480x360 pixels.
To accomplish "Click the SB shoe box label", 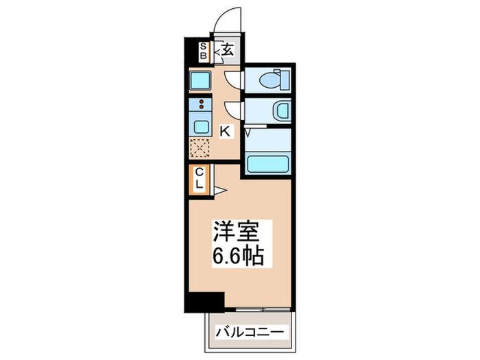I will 203,51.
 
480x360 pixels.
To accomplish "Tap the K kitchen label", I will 225,130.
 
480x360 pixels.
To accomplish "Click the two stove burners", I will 202,106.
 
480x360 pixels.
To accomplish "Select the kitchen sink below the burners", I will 202,125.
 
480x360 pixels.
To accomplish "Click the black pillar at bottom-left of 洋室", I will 204,300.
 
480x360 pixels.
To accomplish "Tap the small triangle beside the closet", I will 219,190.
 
